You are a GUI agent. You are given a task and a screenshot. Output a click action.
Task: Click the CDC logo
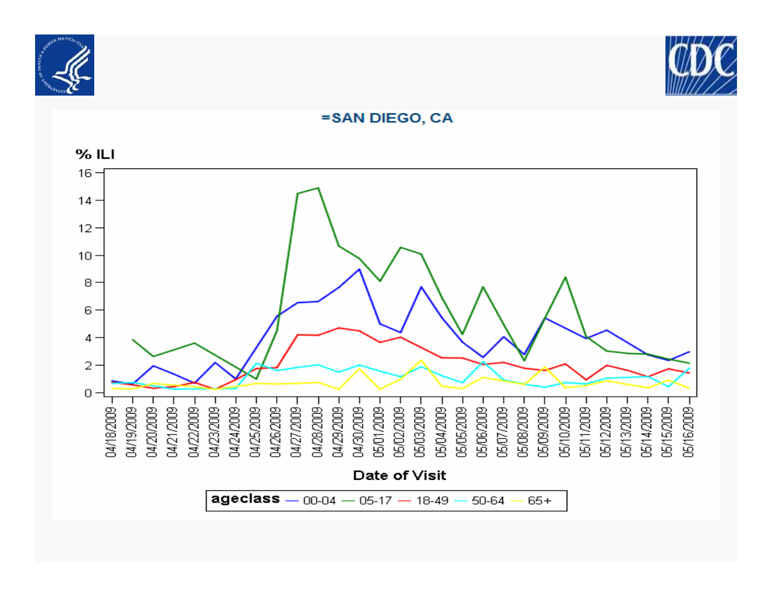[x=701, y=66]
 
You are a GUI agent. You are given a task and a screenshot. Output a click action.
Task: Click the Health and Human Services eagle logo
[x=64, y=65]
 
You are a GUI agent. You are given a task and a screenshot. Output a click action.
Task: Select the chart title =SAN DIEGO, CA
[x=387, y=118]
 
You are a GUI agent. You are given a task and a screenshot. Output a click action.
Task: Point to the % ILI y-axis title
[x=94, y=154]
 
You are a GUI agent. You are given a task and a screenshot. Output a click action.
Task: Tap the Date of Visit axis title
[x=400, y=475]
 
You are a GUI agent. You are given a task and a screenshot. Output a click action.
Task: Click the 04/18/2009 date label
[x=112, y=432]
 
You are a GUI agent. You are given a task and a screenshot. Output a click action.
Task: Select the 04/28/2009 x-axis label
[x=318, y=432]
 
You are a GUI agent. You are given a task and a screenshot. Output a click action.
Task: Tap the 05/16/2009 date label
[x=689, y=432]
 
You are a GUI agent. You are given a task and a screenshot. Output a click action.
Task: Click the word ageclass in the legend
[x=246, y=499]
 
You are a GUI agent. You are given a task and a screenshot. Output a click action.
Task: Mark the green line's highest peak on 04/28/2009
[x=318, y=188]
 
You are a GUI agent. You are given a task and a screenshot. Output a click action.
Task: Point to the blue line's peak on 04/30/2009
[x=359, y=269]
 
